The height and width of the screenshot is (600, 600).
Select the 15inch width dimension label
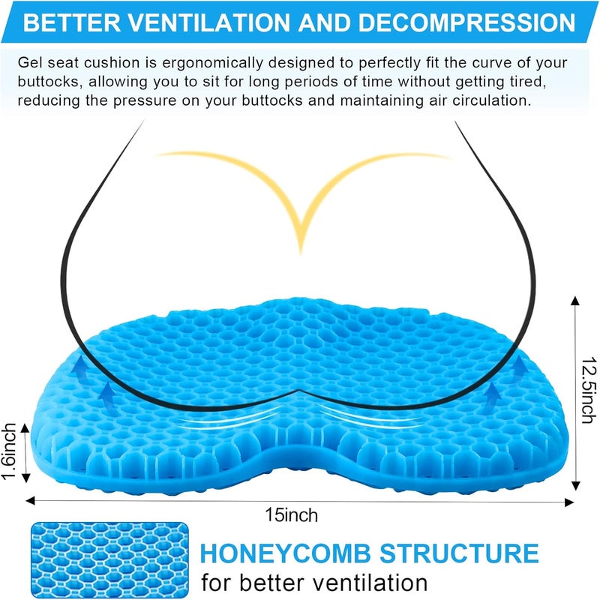[x=290, y=515]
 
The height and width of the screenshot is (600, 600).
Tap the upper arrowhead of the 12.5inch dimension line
[x=574, y=301]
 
